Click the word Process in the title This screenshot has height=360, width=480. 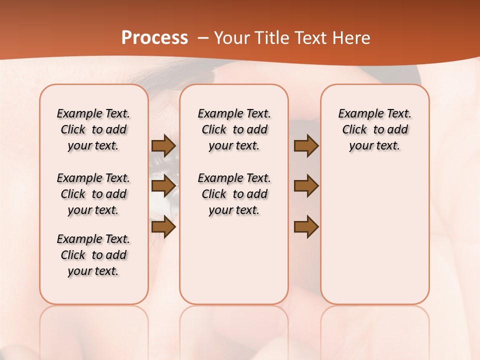tap(154, 38)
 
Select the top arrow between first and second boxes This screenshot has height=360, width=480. tap(163, 146)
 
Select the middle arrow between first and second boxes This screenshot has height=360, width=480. tap(163, 186)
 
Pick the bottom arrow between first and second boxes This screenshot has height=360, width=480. tap(163, 227)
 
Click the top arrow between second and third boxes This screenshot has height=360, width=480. tap(306, 146)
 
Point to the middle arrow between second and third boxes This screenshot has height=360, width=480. tap(306, 186)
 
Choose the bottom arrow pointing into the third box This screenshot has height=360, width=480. tap(306, 227)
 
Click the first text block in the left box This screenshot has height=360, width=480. tap(93, 129)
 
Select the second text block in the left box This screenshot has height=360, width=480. tap(93, 194)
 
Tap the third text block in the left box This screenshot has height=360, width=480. tap(93, 255)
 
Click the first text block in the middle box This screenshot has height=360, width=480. tap(234, 129)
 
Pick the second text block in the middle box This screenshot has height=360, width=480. tap(234, 194)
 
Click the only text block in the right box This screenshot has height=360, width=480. tap(374, 129)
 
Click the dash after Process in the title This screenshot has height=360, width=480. tap(203, 38)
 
